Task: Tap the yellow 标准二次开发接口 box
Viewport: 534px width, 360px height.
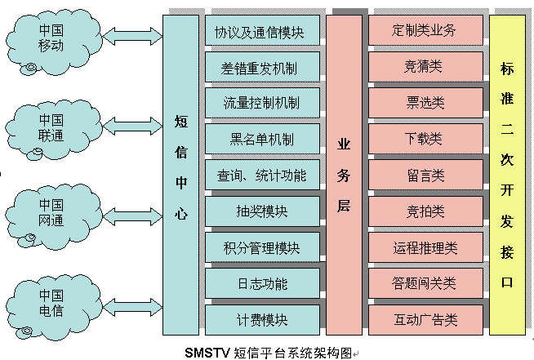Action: pyautogui.click(x=507, y=175)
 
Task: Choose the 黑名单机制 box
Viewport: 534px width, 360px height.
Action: pyautogui.click(x=261, y=139)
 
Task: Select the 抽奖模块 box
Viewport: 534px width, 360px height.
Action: pyautogui.click(x=261, y=211)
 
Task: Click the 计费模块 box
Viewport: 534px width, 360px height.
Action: pyautogui.click(x=261, y=319)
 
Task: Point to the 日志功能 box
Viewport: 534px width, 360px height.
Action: pyautogui.click(x=261, y=283)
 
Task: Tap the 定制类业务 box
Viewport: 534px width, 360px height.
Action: pyautogui.click(x=424, y=31)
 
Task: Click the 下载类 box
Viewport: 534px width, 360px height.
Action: pyautogui.click(x=424, y=139)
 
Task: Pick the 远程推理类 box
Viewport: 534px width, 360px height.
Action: pyautogui.click(x=424, y=247)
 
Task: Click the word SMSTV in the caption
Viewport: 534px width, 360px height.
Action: pyautogui.click(x=207, y=353)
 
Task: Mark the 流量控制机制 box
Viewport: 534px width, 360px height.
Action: pyautogui.click(x=261, y=103)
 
